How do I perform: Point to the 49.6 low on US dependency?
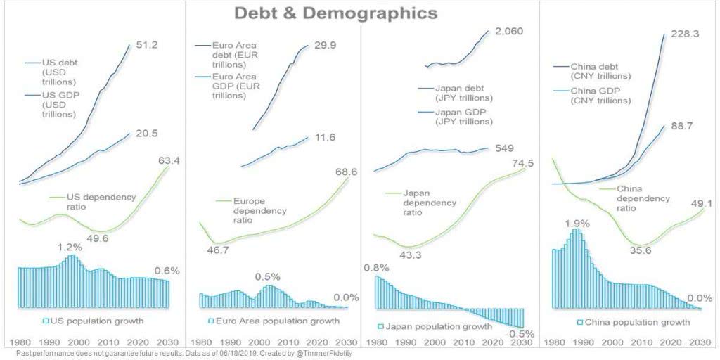pyautogui.click(x=98, y=238)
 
